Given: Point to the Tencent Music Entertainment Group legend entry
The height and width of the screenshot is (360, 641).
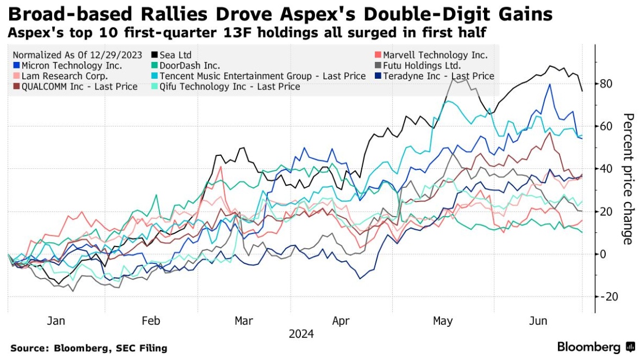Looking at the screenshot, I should point(263,76).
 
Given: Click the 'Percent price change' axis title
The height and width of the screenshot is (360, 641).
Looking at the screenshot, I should point(627,179).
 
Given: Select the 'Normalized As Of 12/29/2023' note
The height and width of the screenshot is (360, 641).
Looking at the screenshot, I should point(77,55).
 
